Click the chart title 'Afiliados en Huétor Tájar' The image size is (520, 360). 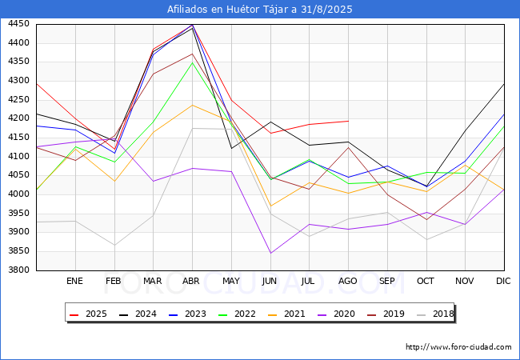[259, 10]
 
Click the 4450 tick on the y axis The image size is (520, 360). [19, 24]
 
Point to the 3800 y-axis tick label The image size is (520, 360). [19, 270]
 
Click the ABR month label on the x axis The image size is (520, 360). [192, 282]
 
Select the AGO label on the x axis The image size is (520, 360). [347, 282]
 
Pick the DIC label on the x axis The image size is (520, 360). [503, 282]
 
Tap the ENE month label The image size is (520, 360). [74, 282]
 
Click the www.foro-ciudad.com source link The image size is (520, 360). [458, 347]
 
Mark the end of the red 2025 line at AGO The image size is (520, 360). [348, 121]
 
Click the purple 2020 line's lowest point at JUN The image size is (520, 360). [270, 254]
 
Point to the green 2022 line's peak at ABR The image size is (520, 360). [192, 62]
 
